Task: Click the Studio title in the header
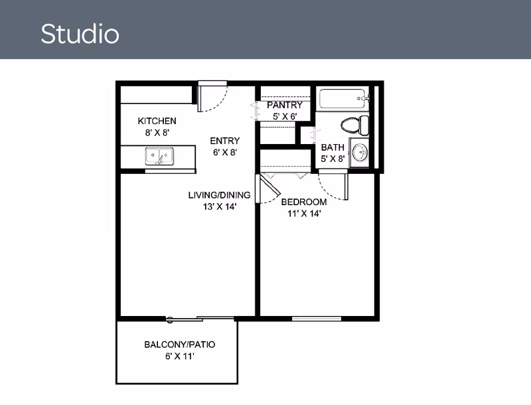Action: tap(80, 33)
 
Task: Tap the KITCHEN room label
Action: tap(157, 121)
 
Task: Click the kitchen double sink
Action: tap(159, 157)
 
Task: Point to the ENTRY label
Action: tap(224, 141)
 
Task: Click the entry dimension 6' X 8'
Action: tap(225, 152)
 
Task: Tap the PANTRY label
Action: tap(285, 106)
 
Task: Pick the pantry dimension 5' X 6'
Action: tap(285, 116)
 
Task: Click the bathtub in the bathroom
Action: tap(342, 99)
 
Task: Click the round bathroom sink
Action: tap(360, 153)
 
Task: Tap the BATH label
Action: tap(333, 147)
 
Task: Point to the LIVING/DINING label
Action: tap(219, 195)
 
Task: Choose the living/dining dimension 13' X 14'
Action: tap(219, 206)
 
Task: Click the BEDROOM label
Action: tap(304, 202)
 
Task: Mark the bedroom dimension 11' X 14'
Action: tap(304, 213)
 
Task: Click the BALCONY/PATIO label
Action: tap(180, 345)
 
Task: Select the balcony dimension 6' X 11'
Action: tap(179, 357)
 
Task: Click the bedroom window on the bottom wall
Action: tap(317, 319)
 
